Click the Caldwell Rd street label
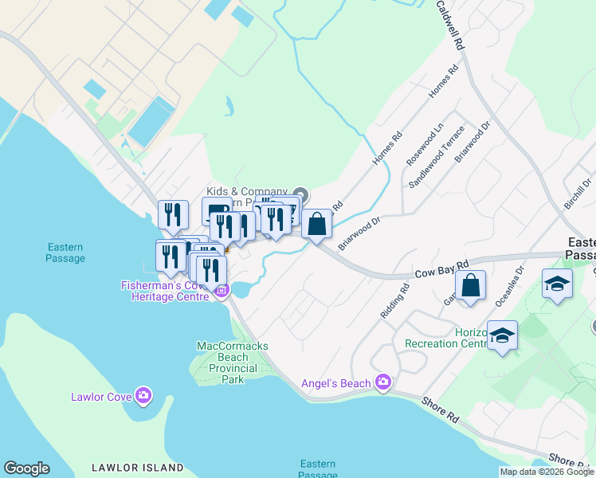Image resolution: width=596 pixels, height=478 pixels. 449,26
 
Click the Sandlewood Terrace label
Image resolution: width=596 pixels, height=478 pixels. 436,157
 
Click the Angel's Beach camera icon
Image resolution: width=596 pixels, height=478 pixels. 383,383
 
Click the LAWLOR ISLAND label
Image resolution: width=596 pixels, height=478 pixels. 137,468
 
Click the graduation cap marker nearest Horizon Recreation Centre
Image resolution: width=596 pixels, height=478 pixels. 503,335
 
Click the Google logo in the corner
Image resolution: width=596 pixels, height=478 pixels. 26,468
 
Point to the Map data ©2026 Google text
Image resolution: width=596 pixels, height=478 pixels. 547,472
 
